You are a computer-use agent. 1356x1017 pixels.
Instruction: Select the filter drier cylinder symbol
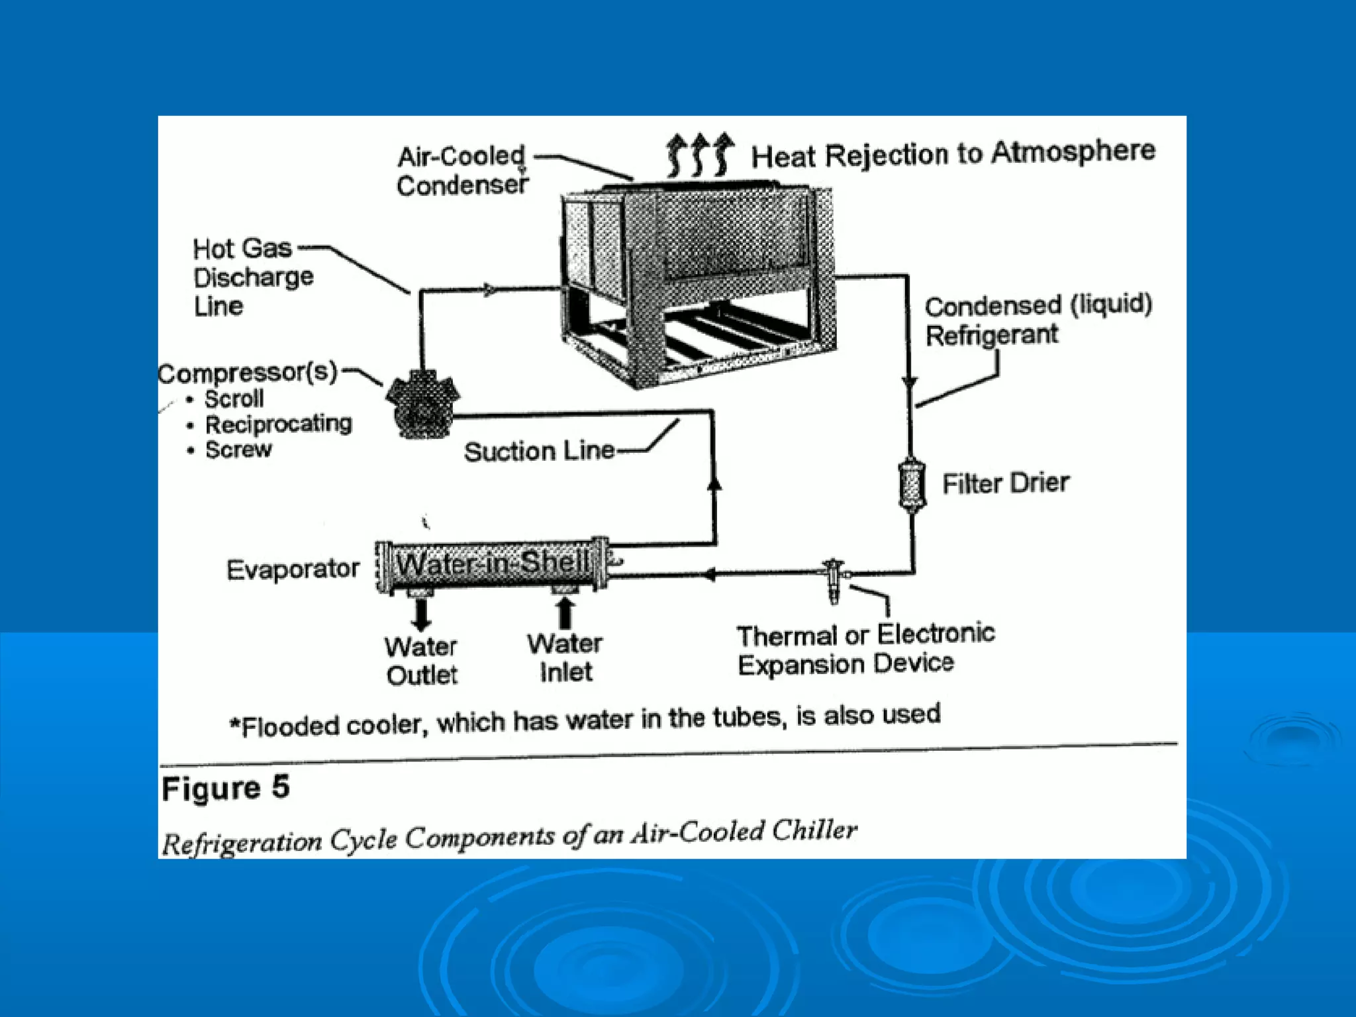(912, 485)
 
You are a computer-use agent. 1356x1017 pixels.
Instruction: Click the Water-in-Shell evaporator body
(492, 565)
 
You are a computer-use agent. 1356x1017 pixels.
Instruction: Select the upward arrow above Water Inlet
(564, 612)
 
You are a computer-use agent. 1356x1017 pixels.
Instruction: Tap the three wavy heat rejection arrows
(699, 155)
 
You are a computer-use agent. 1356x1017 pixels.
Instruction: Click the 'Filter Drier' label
(1005, 483)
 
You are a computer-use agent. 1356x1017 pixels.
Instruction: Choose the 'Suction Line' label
(539, 452)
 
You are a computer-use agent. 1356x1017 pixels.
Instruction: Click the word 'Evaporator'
(293, 569)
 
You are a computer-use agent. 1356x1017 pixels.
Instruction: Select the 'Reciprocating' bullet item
(278, 424)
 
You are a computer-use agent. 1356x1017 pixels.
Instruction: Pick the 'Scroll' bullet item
(234, 399)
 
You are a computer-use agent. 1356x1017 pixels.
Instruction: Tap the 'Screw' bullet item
(238, 449)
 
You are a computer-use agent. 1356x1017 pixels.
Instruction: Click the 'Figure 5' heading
(225, 788)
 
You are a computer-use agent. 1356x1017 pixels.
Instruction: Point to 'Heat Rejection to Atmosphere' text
(952, 154)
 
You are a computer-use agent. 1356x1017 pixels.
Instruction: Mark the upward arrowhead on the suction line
(714, 484)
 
